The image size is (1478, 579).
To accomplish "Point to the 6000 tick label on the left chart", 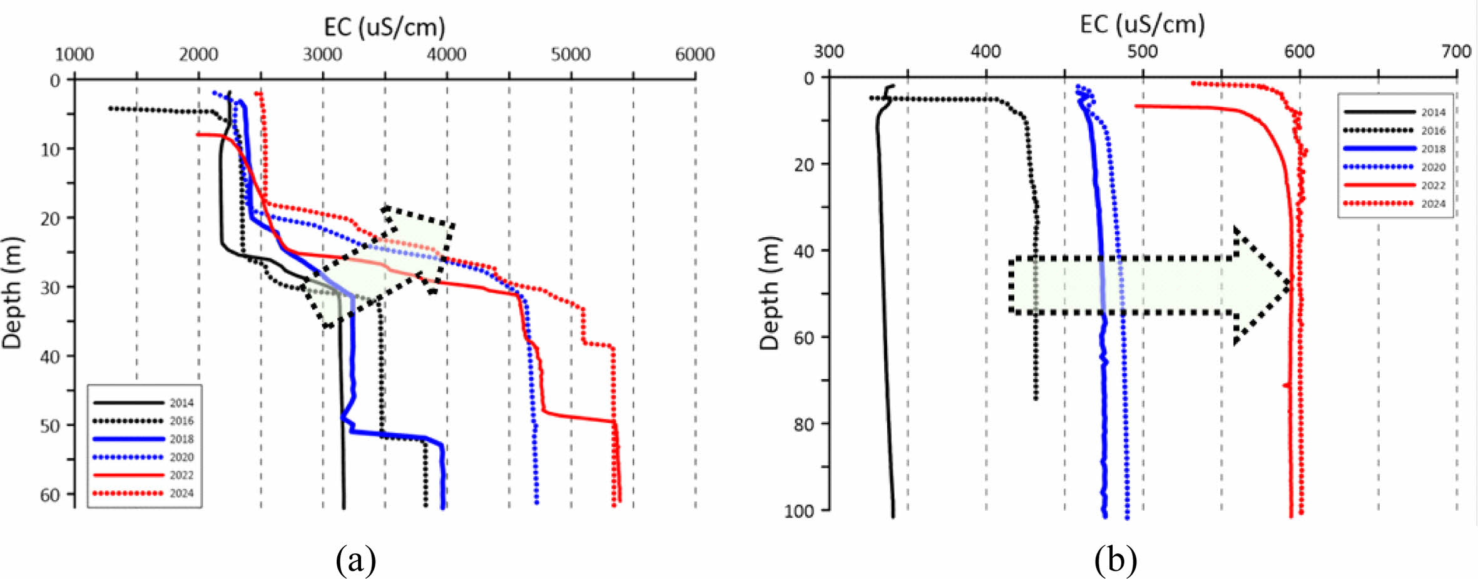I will click(695, 54).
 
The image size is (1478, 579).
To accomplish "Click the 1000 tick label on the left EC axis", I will click(74, 54).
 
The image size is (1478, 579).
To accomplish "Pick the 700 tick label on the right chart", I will click(1456, 51).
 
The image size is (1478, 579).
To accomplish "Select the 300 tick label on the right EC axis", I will click(828, 51).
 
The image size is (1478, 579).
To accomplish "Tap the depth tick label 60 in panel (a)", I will click(50, 495).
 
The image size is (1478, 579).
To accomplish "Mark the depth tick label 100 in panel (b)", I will click(800, 511).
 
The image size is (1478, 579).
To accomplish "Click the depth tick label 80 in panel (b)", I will click(803, 424).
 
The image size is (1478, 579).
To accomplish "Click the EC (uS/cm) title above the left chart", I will click(384, 27).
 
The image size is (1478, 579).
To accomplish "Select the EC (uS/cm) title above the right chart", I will click(1142, 24).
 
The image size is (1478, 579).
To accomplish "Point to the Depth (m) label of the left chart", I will click(13, 292).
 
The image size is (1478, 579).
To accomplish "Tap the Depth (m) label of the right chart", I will click(770, 292).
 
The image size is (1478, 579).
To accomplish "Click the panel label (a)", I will click(356, 558).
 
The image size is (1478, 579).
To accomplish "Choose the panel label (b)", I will click(1115, 558).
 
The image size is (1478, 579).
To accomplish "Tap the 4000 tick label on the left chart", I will click(446, 54).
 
